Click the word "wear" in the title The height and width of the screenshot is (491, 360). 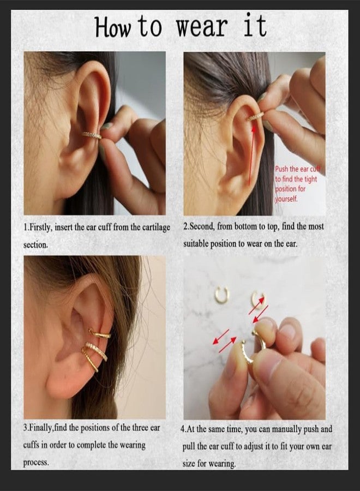point(201,26)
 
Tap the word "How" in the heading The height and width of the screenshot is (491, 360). point(112,27)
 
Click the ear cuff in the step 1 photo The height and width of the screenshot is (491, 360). point(92,135)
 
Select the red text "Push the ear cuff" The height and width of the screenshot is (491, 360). point(297,169)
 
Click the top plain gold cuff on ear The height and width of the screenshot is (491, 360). point(100,334)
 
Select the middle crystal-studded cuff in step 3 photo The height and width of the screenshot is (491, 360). point(97,351)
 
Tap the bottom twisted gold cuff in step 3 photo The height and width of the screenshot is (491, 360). point(90,360)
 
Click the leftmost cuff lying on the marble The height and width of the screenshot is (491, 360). point(222,295)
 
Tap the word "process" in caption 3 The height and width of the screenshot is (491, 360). point(36,463)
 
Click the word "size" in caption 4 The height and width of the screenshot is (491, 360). point(189,463)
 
